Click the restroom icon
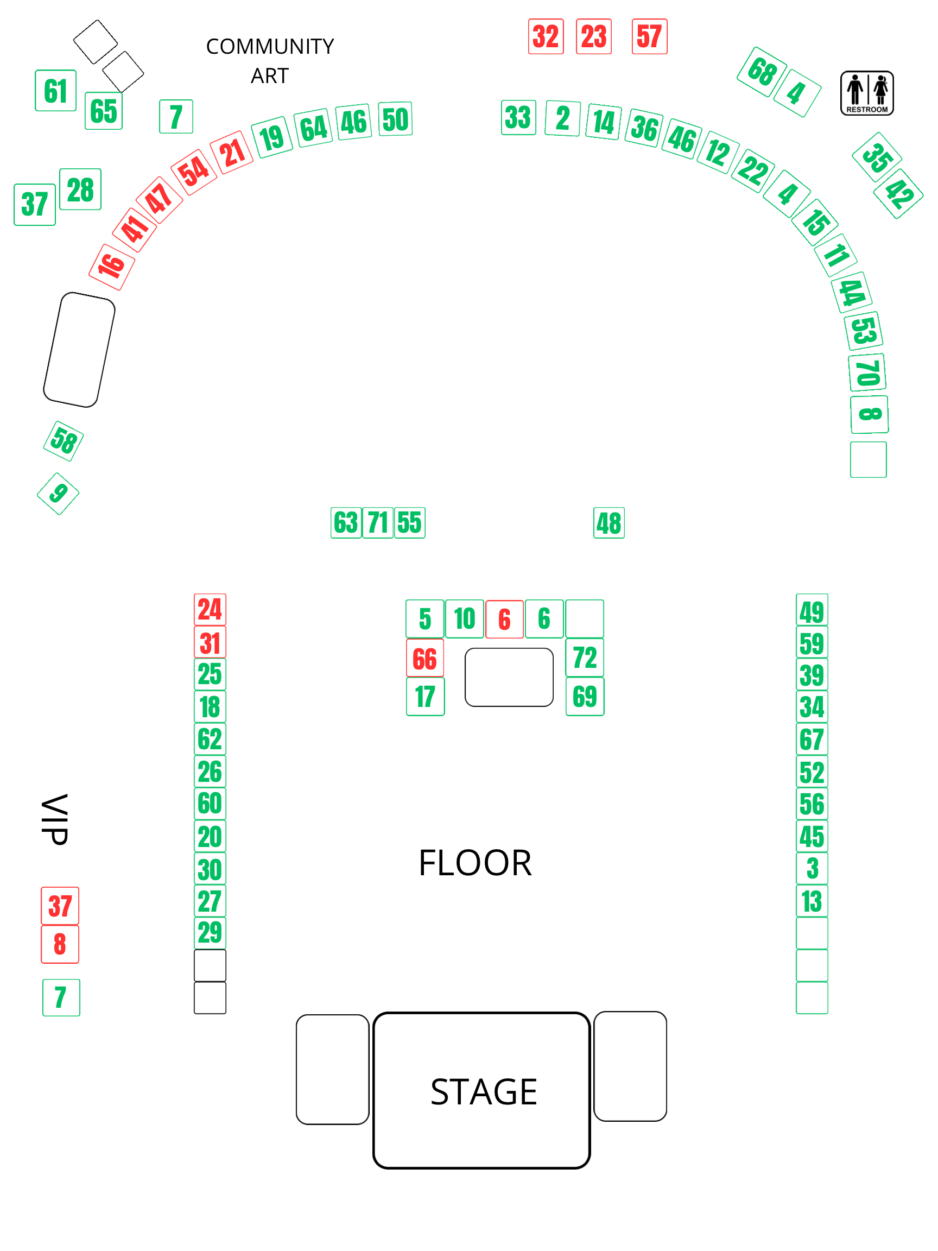[866, 93]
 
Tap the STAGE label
[483, 1091]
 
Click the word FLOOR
[475, 863]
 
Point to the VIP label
[55, 819]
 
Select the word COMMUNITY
[270, 46]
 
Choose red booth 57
[649, 37]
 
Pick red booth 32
[546, 37]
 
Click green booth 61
[55, 91]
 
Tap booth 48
[609, 522]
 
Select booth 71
[378, 522]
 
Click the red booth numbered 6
[504, 620]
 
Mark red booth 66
[424, 658]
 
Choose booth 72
[585, 657]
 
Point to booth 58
[64, 441]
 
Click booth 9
[58, 493]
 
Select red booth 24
[210, 609]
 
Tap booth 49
[812, 611]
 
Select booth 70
[867, 372]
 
